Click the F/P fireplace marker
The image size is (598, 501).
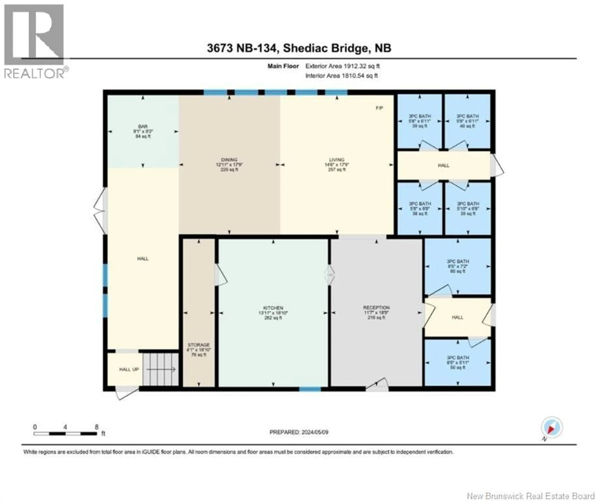click(379, 108)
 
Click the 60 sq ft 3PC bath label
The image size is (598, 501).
click(458, 266)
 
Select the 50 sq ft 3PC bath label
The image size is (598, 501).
click(458, 363)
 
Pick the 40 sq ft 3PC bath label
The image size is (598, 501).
click(467, 121)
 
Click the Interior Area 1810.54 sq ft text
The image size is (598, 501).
click(341, 76)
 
